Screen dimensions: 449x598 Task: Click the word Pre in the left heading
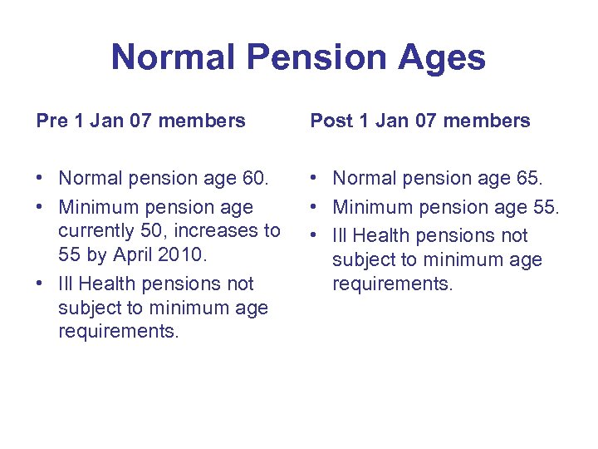point(52,121)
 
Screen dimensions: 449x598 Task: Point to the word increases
point(221,230)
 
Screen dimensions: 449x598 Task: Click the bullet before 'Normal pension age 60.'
point(41,178)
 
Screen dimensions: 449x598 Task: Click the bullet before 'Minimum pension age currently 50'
point(41,206)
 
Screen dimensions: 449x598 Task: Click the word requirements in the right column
point(392,284)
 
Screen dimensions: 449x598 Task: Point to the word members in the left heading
point(202,121)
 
